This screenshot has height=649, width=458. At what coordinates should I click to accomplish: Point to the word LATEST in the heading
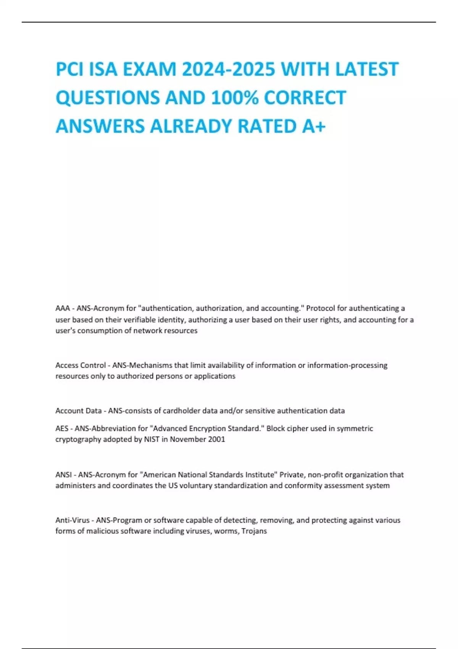[367, 69]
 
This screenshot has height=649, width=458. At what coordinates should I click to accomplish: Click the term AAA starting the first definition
[63, 308]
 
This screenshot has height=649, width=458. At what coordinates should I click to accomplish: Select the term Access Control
[81, 365]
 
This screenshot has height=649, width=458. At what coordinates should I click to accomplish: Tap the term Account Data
[78, 411]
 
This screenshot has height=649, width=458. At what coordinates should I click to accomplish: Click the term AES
[62, 428]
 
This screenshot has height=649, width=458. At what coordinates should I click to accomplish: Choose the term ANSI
[63, 475]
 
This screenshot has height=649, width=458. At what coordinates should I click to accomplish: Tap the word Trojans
[254, 531]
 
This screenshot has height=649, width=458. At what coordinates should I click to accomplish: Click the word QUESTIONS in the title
[108, 98]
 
